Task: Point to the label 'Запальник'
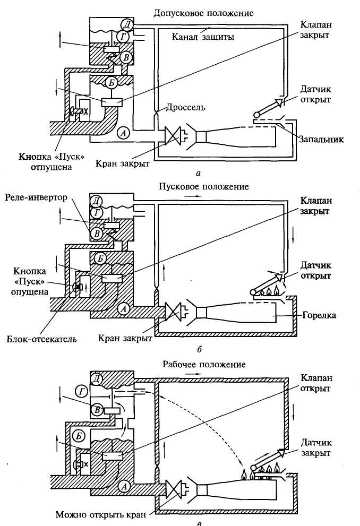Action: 321,140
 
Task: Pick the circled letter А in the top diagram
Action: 123,134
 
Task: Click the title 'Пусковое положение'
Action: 204,187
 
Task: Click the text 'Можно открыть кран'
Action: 103,514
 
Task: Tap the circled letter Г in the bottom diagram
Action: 83,392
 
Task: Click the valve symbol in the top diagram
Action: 173,136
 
